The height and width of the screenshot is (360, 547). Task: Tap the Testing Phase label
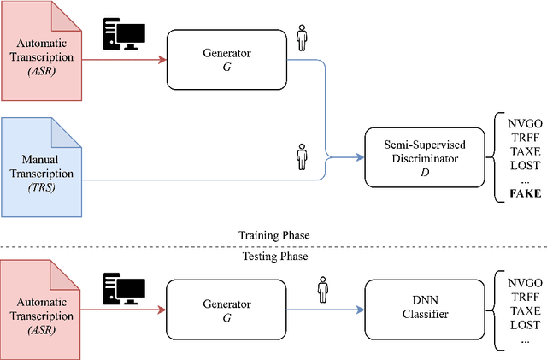[x=273, y=256]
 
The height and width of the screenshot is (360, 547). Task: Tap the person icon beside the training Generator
[x=301, y=38]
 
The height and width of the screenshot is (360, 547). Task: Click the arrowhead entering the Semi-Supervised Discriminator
[x=360, y=157]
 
